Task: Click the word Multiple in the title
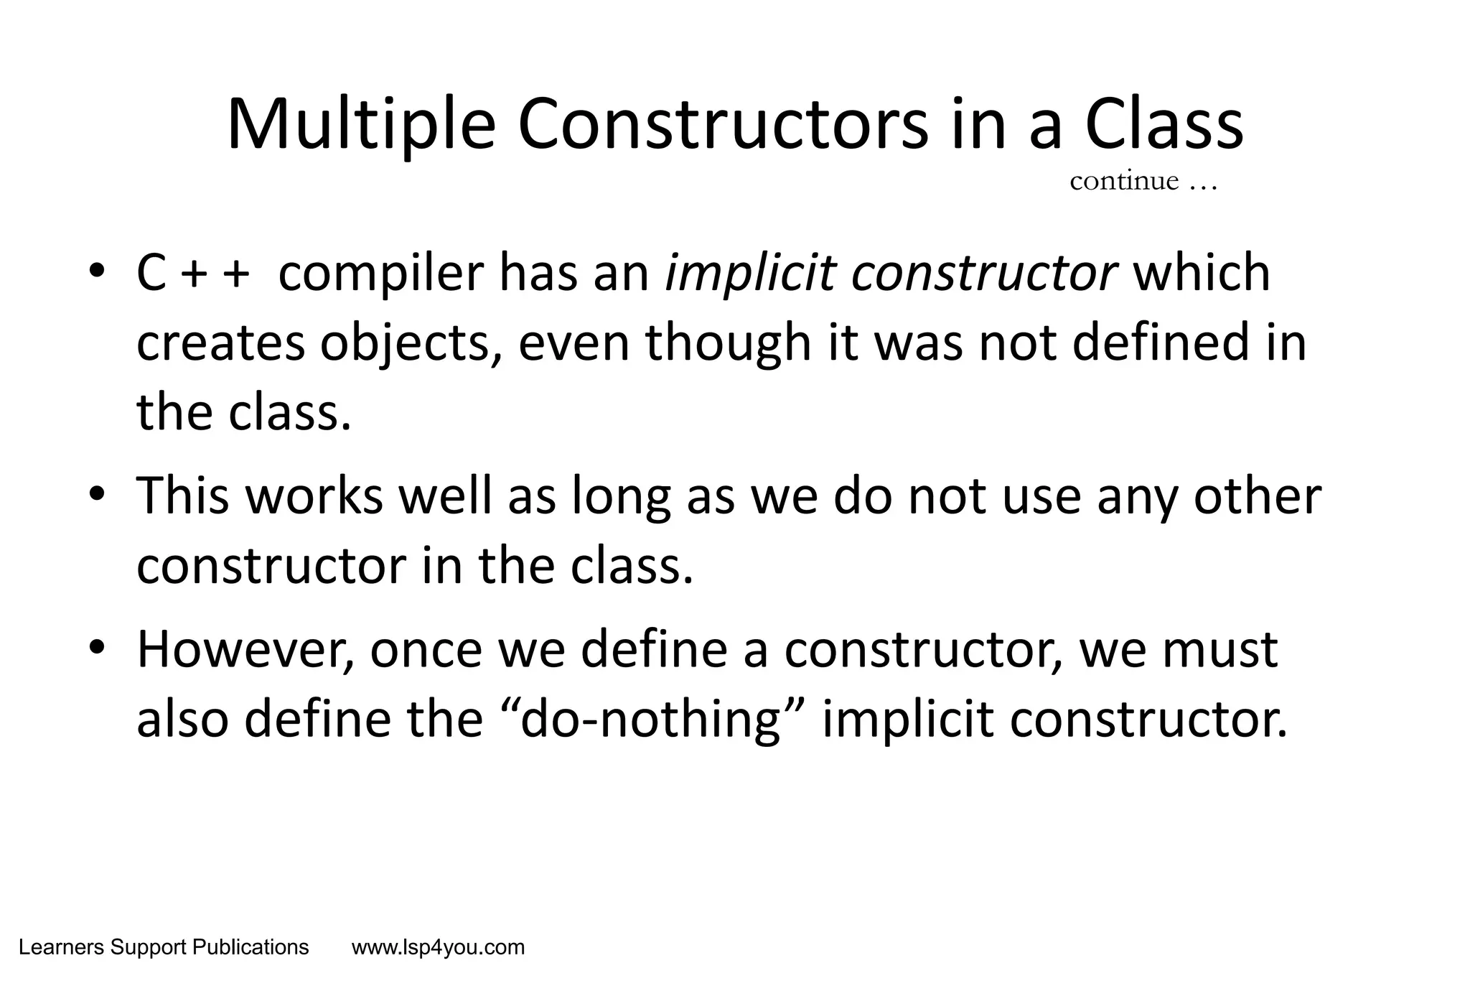click(x=361, y=126)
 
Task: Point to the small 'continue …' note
click(x=1143, y=181)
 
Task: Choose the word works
click(x=314, y=496)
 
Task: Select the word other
click(x=1257, y=496)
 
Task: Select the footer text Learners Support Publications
click(x=164, y=948)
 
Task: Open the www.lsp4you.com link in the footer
click(x=438, y=948)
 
